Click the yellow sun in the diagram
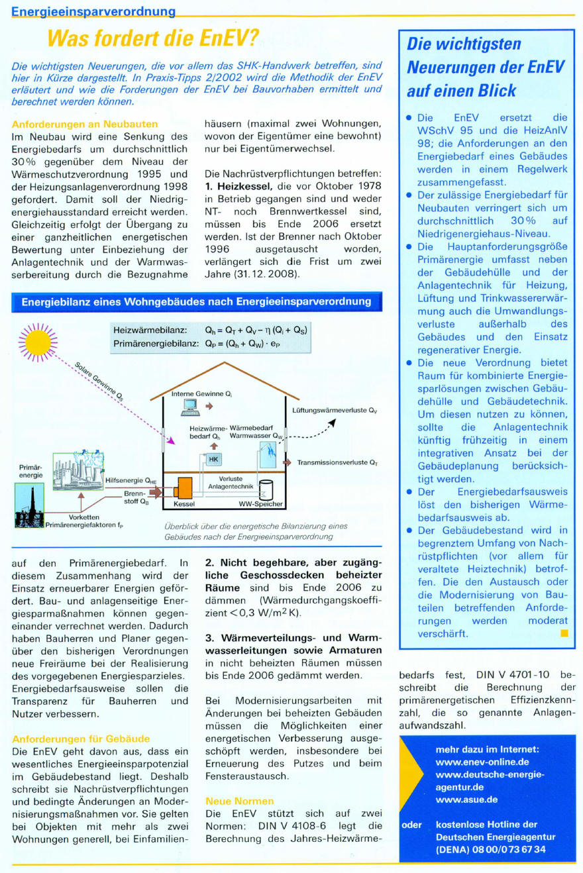tap(38, 342)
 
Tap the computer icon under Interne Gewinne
tap(191, 407)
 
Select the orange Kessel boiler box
tap(182, 489)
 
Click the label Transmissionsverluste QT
tap(337, 462)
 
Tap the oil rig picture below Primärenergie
tap(30, 505)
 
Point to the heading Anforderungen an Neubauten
tap(85, 124)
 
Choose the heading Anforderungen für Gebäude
tap(81, 738)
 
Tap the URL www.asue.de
tap(466, 799)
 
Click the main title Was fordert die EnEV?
tap(151, 40)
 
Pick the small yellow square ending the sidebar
tap(564, 633)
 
